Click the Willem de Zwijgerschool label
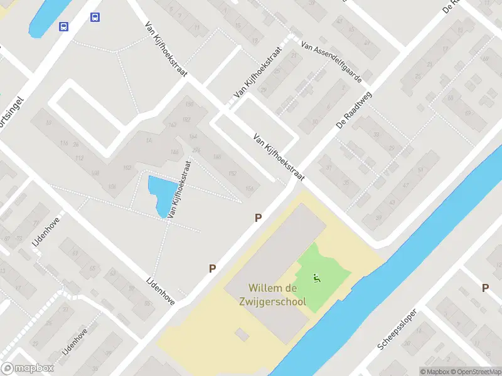[x=277, y=295]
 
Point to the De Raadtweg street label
[x=354, y=110]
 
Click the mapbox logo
[x=28, y=368]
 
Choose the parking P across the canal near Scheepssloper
[x=485, y=288]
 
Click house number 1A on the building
[x=149, y=140]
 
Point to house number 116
[x=63, y=144]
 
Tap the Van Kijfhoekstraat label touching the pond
[x=179, y=188]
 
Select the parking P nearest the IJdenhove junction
[x=213, y=268]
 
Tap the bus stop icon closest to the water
[x=64, y=26]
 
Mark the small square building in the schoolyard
[x=240, y=333]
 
